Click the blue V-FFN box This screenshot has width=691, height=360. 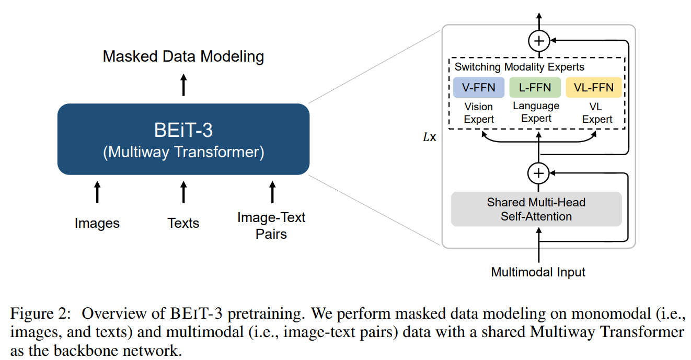(479, 87)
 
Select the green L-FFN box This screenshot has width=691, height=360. (535, 87)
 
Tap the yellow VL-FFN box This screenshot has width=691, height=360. (594, 87)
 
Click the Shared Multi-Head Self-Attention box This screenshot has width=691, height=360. (536, 209)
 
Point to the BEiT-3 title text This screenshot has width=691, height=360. (183, 130)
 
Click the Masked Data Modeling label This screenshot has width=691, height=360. (183, 56)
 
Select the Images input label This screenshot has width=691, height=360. (97, 223)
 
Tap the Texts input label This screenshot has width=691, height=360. (183, 223)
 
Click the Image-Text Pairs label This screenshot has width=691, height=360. (271, 226)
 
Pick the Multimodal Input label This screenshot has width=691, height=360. (538, 272)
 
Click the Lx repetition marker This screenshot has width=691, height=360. (430, 137)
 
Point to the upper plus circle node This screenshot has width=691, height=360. (539, 41)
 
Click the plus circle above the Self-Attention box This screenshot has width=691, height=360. (538, 173)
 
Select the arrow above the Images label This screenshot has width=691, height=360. (97, 192)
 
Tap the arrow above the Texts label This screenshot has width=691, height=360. (183, 192)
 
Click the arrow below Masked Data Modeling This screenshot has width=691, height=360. (183, 85)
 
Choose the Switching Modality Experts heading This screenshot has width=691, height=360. (520, 67)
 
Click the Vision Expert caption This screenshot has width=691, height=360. (479, 113)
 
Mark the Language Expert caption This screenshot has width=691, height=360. (536, 112)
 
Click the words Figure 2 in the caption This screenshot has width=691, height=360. (40, 313)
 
